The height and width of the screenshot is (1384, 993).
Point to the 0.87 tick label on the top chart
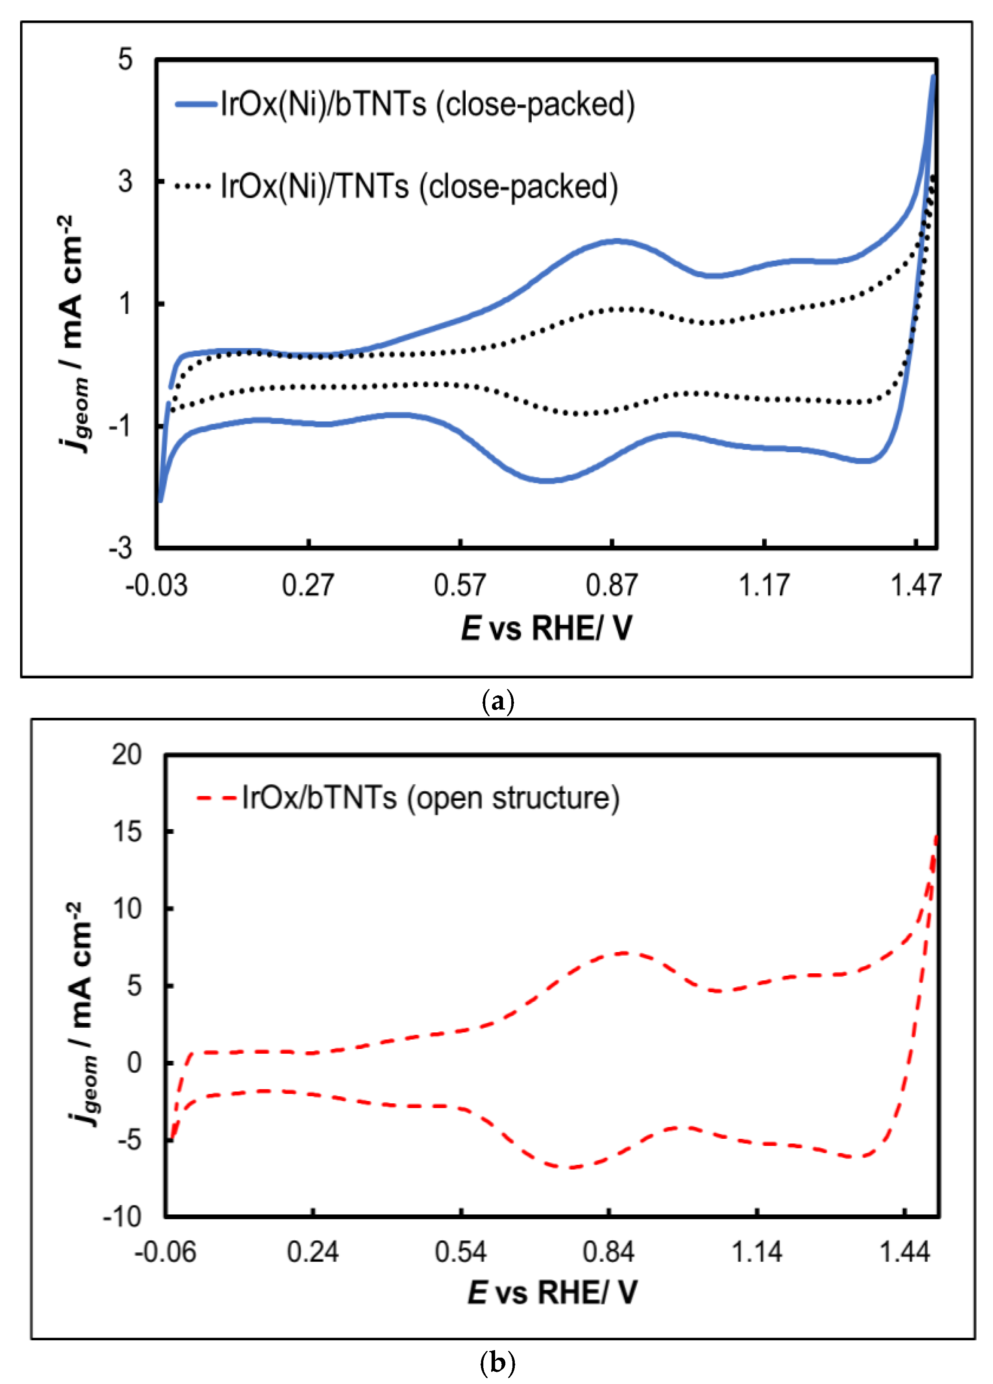[x=611, y=585]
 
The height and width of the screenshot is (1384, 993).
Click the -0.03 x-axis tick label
[x=156, y=585]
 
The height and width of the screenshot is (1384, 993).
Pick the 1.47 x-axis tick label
[x=915, y=585]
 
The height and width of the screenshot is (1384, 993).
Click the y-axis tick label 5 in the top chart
[x=125, y=60]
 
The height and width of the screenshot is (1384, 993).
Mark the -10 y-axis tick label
[x=123, y=1217]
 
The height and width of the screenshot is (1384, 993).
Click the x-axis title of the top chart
[x=547, y=628]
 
